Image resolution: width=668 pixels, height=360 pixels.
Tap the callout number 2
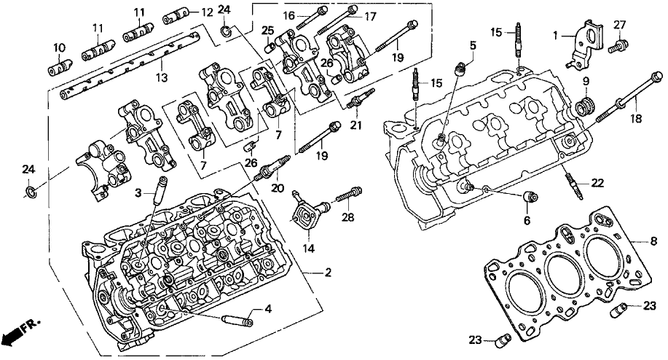click(329, 273)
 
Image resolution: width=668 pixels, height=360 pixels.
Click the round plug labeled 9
click(583, 109)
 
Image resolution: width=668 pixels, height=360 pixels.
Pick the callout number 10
click(58, 47)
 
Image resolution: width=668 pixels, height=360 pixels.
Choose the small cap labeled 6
click(530, 197)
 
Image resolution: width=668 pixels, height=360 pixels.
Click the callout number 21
click(355, 125)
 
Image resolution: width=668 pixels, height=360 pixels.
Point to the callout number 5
click(473, 45)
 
